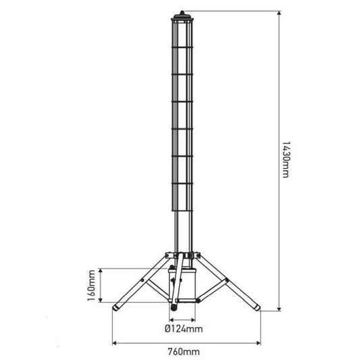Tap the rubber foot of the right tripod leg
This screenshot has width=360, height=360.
pos(256,308)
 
